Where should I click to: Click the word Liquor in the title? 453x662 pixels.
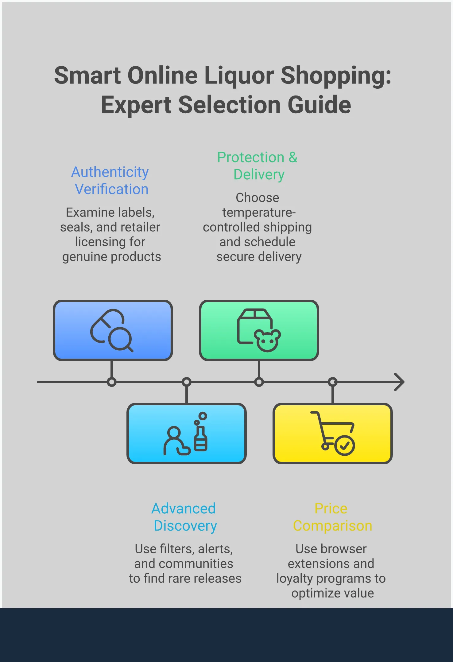pyautogui.click(x=239, y=76)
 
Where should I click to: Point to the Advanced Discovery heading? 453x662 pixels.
pyautogui.click(x=184, y=517)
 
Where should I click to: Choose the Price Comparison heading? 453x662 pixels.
pyautogui.click(x=332, y=517)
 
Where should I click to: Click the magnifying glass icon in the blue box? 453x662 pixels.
pyautogui.click(x=120, y=339)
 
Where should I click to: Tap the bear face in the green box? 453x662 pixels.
pyautogui.click(x=267, y=341)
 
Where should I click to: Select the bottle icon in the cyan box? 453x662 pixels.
pyautogui.click(x=201, y=438)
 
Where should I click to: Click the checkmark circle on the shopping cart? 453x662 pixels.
pyautogui.click(x=344, y=445)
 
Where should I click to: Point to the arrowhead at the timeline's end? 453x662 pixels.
pyautogui.click(x=400, y=382)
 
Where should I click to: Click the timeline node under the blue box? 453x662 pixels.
pyautogui.click(x=112, y=382)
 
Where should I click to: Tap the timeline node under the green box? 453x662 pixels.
pyautogui.click(x=259, y=382)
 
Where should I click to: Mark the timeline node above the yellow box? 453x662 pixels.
pyautogui.click(x=333, y=382)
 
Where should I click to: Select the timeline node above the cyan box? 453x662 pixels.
pyautogui.click(x=187, y=382)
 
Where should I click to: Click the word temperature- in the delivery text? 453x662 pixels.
pyautogui.click(x=258, y=212)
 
